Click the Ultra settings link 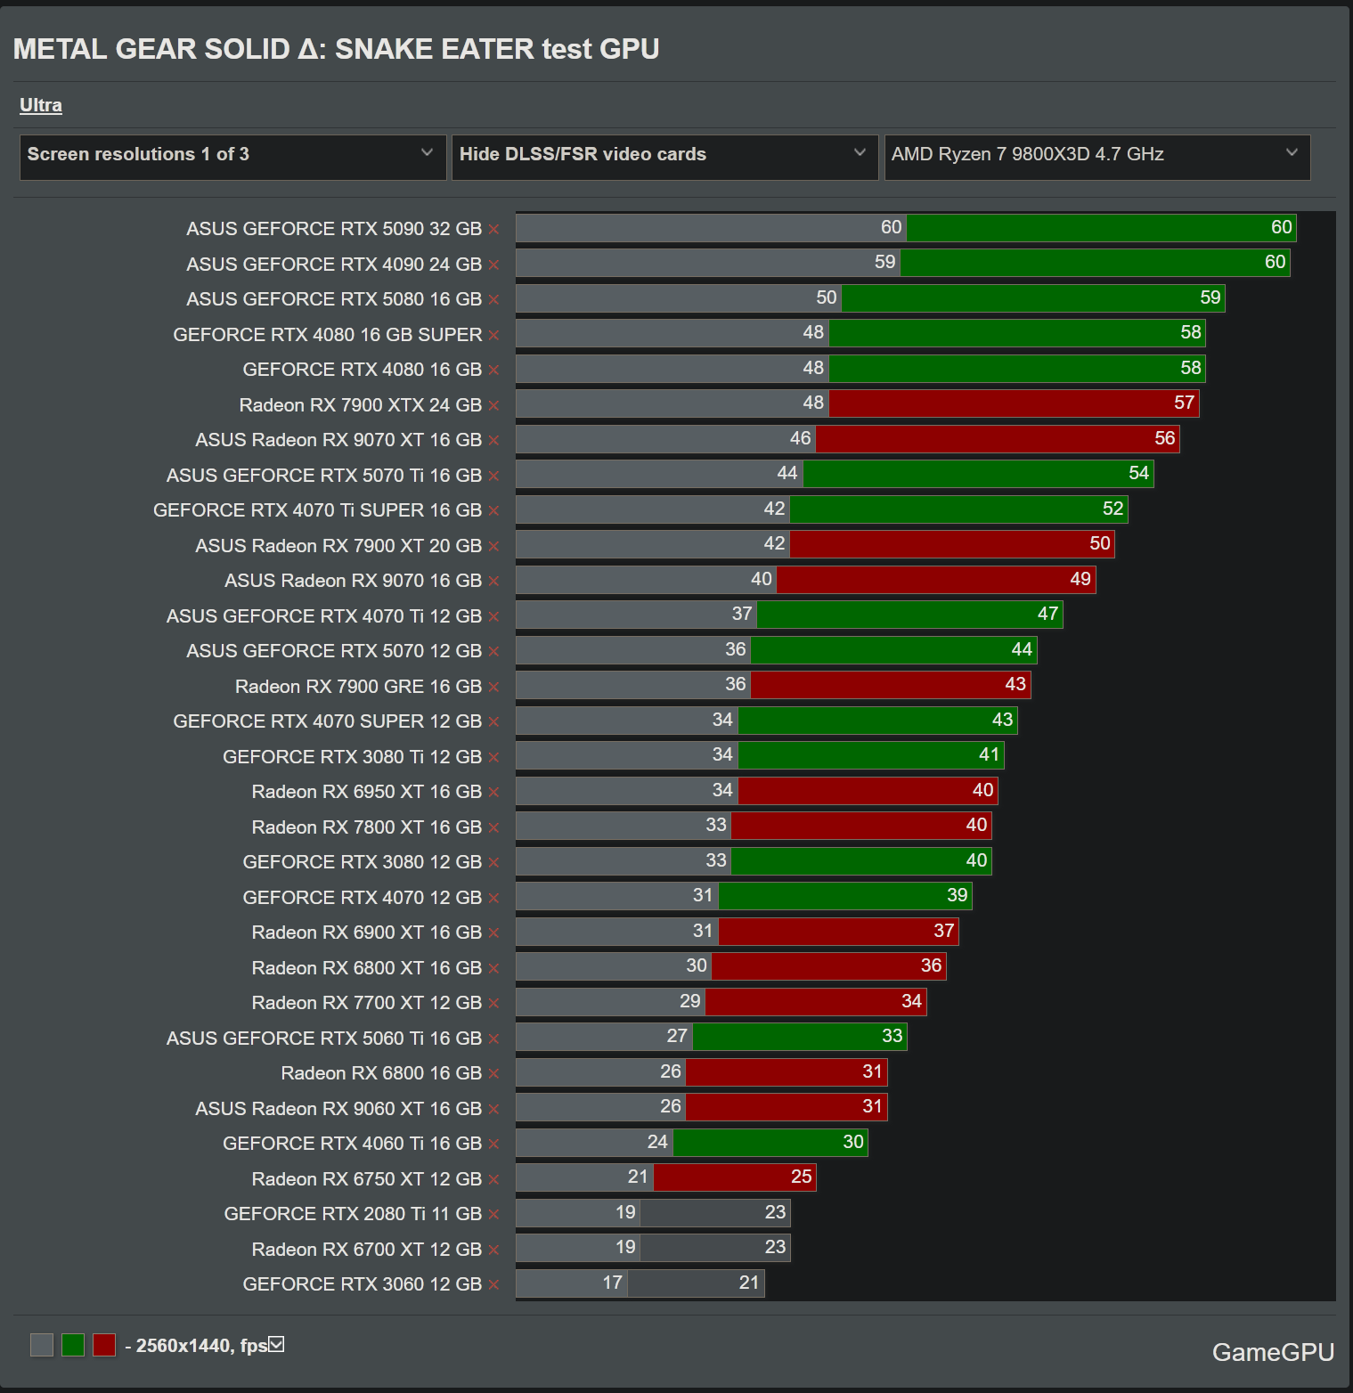point(41,105)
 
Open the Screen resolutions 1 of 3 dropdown point(232,155)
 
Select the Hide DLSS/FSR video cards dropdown point(664,155)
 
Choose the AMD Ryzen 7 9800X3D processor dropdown point(1096,155)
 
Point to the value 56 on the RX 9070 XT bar point(1164,438)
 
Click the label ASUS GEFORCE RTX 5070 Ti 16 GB point(323,476)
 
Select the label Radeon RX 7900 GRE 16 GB point(358,687)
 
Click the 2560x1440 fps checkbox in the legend point(277,1344)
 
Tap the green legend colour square point(73,1345)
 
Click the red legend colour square point(104,1345)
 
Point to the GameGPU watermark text point(1273,1352)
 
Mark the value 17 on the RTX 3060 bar point(612,1283)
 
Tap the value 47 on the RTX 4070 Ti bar point(1047,614)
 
